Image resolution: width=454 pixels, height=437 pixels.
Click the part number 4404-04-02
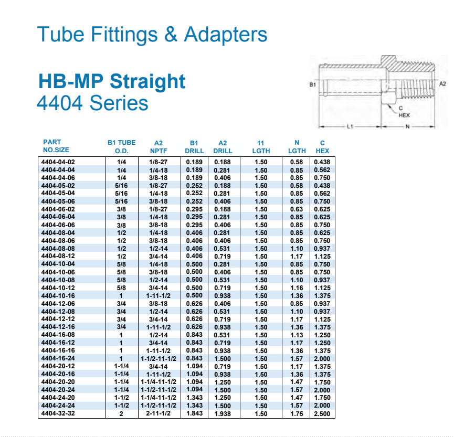point(58,162)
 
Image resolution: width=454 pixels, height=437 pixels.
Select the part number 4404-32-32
point(58,413)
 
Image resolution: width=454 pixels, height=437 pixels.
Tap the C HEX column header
point(322,147)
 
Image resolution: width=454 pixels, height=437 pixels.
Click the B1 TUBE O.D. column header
point(122,147)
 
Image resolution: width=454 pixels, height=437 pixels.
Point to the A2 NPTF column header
point(159,147)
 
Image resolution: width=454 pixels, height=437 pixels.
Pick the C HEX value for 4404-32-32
point(322,413)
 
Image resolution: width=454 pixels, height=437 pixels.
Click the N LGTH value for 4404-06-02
point(297,209)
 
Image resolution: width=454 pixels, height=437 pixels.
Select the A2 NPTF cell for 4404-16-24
point(159,359)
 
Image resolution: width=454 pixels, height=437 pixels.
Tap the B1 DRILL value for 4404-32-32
point(194,413)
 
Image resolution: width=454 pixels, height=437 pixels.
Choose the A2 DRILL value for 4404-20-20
point(223,382)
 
